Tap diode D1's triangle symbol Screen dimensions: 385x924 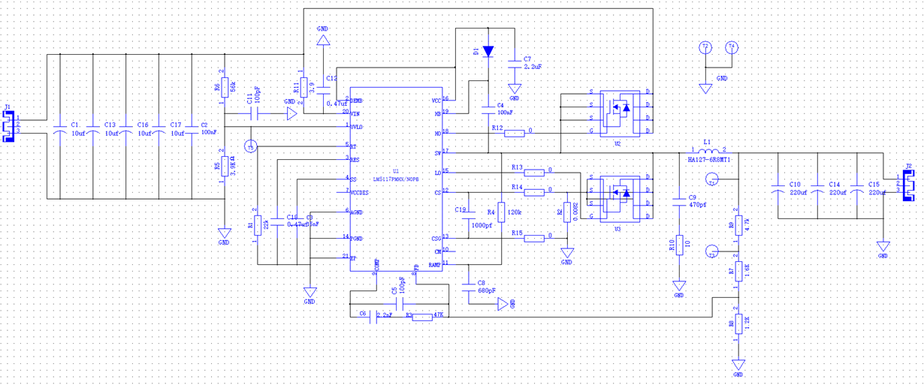tap(488, 51)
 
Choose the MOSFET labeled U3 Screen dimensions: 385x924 tap(618, 196)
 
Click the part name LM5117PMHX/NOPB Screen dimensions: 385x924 tap(396, 179)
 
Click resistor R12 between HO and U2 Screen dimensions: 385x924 tap(515, 134)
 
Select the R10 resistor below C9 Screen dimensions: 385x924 tap(678, 245)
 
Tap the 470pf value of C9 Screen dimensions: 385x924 tap(699, 204)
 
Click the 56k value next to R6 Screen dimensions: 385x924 tap(233, 88)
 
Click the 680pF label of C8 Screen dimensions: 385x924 tap(487, 290)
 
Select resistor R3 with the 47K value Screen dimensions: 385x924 tap(422, 317)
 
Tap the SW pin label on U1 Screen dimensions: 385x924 tap(437, 153)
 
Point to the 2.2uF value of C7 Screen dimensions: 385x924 tap(533, 67)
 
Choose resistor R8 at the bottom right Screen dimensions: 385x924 tap(739, 324)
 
